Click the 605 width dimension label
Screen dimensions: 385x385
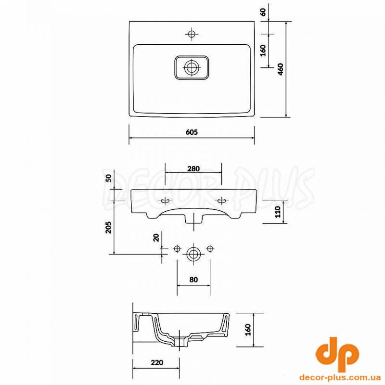tap(192, 132)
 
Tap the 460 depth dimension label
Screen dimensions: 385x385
tap(281, 69)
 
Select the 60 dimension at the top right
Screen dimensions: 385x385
tap(263, 12)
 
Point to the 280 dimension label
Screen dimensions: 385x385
tap(193, 169)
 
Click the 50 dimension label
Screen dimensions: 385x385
tap(108, 178)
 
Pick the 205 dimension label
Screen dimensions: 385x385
tap(108, 227)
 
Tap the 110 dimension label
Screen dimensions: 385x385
tap(278, 212)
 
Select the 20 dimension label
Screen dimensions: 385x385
tap(156, 237)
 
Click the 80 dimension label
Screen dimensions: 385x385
tap(193, 280)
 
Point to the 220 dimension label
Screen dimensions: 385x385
tap(157, 362)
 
